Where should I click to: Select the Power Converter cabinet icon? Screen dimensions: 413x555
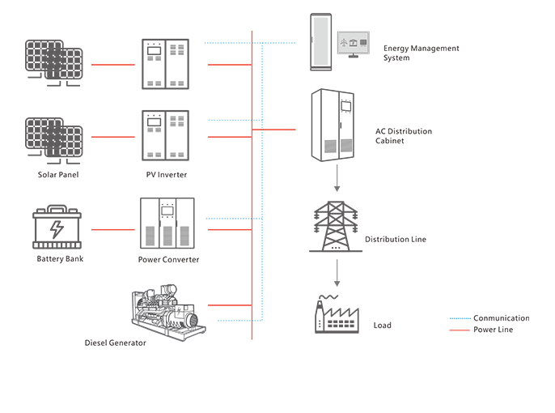pos(168,224)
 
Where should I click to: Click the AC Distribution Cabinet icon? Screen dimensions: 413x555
pos(335,126)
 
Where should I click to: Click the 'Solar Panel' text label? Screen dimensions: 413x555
pos(58,175)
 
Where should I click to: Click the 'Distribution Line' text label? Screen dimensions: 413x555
pos(395,240)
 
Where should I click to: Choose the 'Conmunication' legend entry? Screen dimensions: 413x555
pos(501,318)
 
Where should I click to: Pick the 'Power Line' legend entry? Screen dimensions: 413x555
pos(493,330)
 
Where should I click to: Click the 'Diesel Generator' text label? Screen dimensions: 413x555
pos(115,343)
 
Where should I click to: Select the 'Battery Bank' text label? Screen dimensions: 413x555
pos(60,259)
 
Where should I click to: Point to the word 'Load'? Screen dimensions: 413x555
pos(382,326)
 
